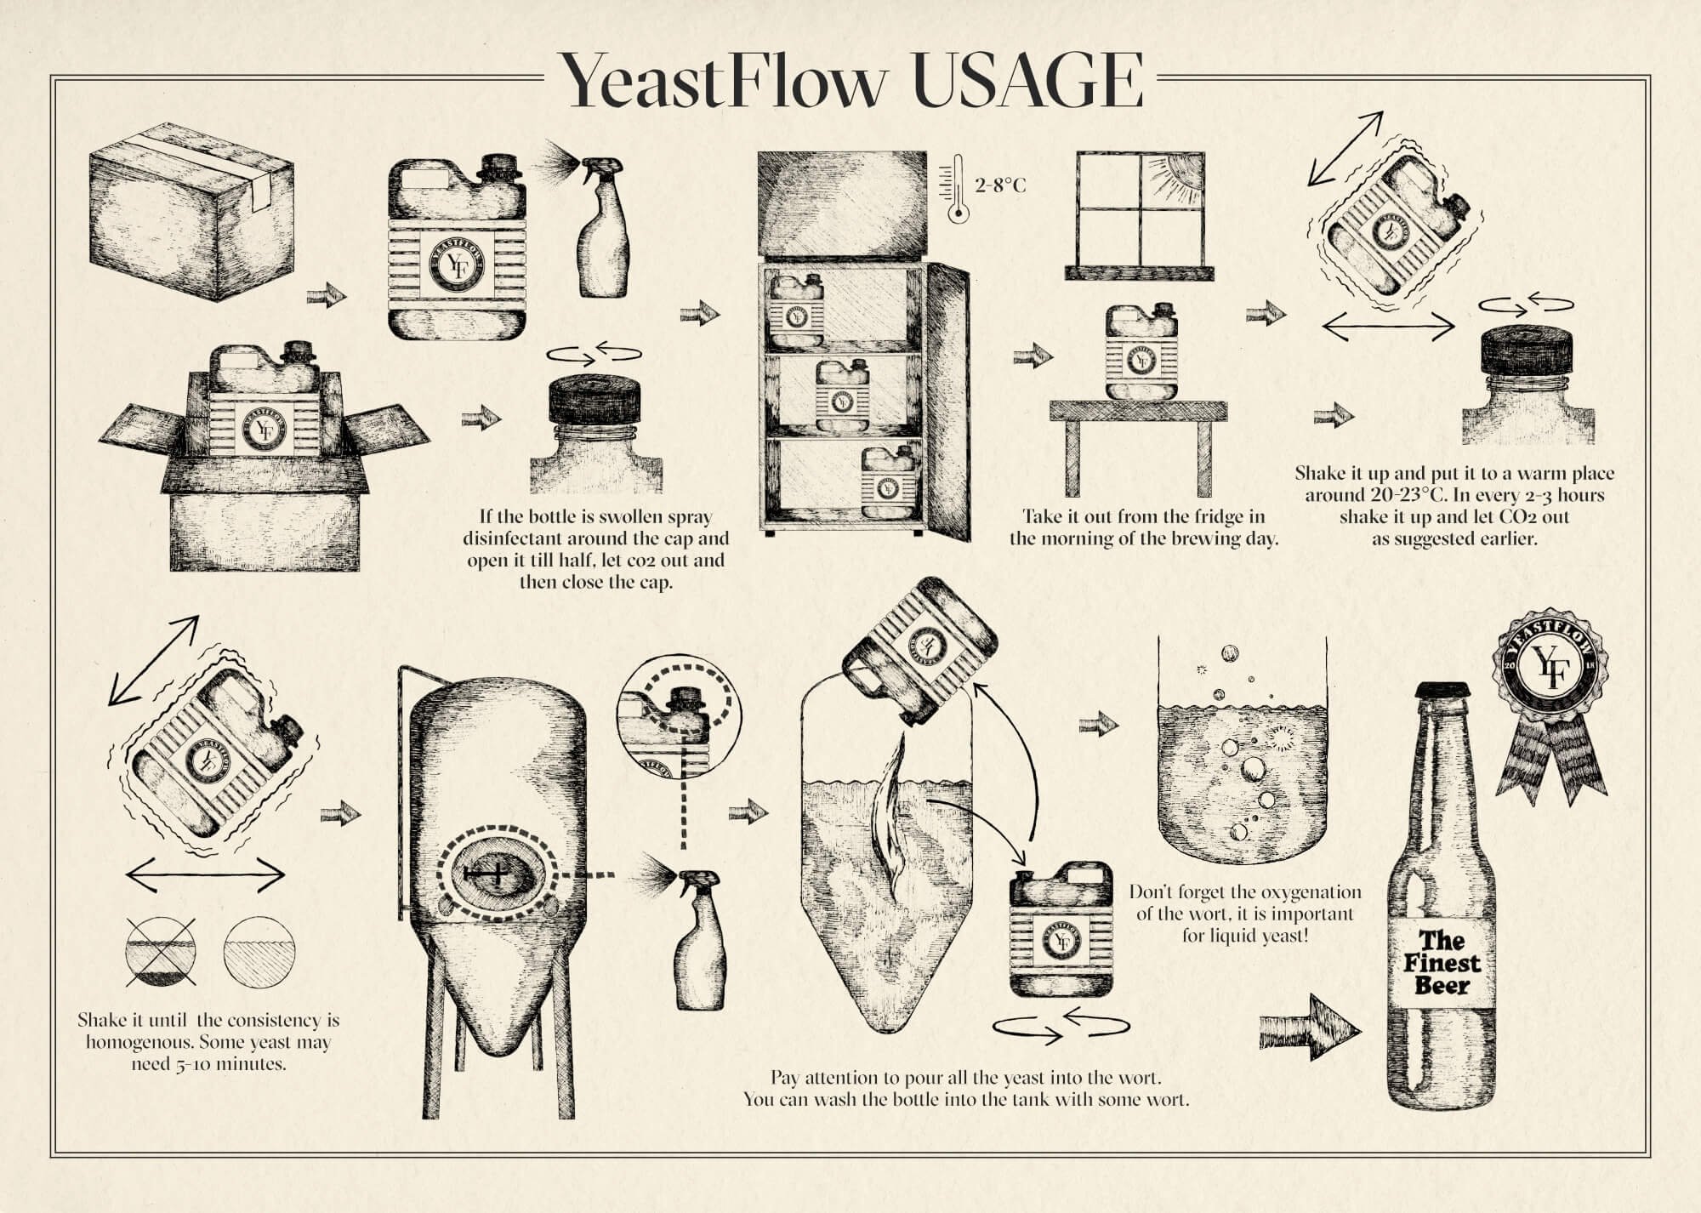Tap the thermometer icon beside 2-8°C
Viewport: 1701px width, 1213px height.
[x=958, y=189]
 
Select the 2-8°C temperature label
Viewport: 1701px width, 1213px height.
[x=1000, y=185]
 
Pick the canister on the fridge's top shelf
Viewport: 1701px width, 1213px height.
[x=796, y=310]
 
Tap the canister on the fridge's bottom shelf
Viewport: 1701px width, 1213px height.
[x=890, y=482]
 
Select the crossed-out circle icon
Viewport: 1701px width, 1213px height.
[x=161, y=952]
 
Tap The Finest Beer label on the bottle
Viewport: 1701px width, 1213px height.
[x=1442, y=963]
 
